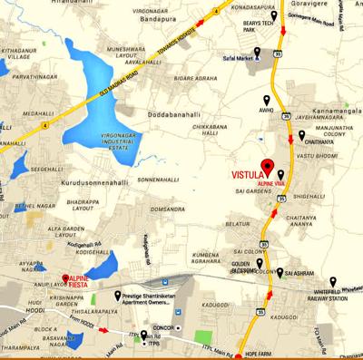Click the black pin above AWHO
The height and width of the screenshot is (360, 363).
coord(267,101)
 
